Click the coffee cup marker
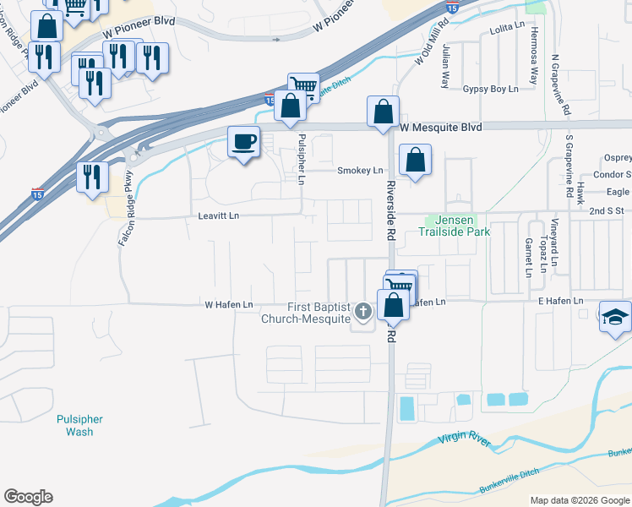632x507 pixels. click(243, 142)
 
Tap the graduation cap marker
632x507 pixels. click(616, 316)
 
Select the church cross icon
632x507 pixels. click(363, 313)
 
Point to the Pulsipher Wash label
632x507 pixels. click(79, 425)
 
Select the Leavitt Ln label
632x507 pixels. click(218, 215)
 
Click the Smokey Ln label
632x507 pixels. click(360, 171)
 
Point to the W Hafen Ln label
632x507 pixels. click(229, 304)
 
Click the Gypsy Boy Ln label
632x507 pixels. click(489, 89)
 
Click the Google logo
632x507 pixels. click(28, 497)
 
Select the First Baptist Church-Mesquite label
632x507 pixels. click(305, 313)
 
